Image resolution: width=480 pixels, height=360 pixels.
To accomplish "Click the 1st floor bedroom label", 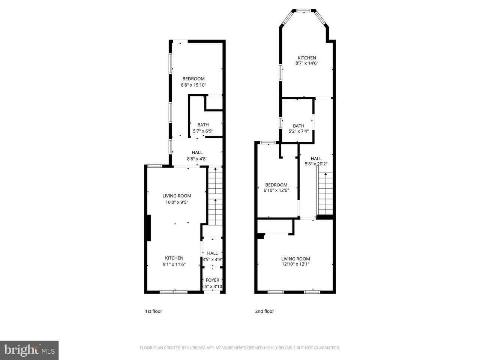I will pos(193,79).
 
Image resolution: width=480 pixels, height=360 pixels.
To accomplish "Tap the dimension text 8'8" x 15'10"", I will pos(193,85).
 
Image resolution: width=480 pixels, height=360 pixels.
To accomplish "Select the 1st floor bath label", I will pos(203,125).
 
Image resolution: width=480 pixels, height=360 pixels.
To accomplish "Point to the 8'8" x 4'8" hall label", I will pos(197,159).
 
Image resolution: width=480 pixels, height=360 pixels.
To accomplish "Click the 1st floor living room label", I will pos(177,196).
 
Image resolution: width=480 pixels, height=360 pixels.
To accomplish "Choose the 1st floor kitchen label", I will pos(174,258).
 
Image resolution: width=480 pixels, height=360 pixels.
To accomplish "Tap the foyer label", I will pos(212,280).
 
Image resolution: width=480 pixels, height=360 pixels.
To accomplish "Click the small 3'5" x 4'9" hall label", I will pos(212,259).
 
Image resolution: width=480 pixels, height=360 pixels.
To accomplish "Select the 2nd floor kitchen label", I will pos(307,58).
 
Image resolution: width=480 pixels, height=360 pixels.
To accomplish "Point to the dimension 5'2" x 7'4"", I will pos(298,132).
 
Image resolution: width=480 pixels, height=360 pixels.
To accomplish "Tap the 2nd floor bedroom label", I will pos(276,185).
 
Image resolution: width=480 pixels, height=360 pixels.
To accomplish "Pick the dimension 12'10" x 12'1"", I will pos(295,264).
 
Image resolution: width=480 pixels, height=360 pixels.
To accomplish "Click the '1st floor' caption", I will pos(153,311).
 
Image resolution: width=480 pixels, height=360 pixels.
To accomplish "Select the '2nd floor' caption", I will pos(264,311).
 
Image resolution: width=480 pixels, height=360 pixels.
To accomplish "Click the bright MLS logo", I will pos(29,350).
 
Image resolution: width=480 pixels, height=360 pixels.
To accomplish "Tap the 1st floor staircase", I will pos(215,197).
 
